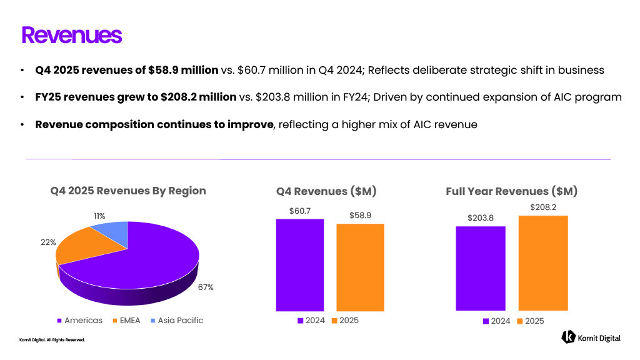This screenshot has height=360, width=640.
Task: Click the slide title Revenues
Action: (x=71, y=35)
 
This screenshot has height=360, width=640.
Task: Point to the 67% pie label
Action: (x=206, y=287)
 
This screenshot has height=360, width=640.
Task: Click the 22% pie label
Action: (x=48, y=242)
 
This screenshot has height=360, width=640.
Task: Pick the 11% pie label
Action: (x=99, y=216)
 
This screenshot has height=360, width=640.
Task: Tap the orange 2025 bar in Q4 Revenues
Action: (x=361, y=267)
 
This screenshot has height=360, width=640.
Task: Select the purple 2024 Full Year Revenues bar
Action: (x=480, y=268)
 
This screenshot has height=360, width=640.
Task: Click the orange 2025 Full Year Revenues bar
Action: (x=543, y=262)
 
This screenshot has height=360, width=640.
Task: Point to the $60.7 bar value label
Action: (x=300, y=211)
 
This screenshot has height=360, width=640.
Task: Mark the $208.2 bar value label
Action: (x=543, y=207)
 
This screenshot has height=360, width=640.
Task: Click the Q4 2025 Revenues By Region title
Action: (x=128, y=191)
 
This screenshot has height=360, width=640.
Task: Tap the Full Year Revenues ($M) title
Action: (x=511, y=191)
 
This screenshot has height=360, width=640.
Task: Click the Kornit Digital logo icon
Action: (x=568, y=337)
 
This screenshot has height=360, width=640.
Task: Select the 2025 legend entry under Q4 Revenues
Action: (x=344, y=321)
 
